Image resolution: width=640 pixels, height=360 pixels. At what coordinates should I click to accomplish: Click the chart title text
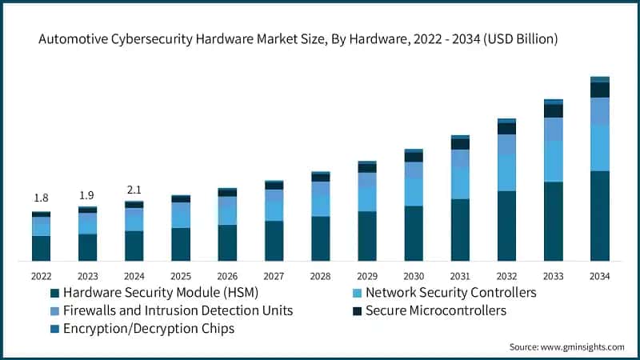tap(319, 38)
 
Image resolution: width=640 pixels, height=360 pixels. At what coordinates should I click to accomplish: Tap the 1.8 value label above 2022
tap(41, 198)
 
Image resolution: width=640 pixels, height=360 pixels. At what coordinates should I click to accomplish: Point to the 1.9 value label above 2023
tap(87, 194)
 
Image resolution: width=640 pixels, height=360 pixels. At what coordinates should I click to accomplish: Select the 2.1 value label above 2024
tap(134, 190)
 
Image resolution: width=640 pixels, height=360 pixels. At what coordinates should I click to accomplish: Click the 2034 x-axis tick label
tap(599, 276)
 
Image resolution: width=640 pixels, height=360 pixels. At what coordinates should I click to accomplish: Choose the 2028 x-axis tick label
tap(320, 276)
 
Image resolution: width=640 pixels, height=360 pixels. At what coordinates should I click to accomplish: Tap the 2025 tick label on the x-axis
tap(181, 276)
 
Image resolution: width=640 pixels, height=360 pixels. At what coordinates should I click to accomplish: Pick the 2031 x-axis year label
tap(460, 276)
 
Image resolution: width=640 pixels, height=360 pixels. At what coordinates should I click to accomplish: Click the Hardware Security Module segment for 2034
tap(599, 215)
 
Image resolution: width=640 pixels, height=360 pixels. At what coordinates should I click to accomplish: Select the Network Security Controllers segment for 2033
tap(553, 161)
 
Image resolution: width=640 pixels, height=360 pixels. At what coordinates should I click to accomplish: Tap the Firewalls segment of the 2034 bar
tap(599, 110)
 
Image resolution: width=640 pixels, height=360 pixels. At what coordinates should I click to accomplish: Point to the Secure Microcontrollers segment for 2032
tap(506, 128)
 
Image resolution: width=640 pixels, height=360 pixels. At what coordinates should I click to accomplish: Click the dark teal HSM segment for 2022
tap(41, 248)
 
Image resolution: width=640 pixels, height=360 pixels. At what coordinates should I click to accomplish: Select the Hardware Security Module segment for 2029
tap(366, 236)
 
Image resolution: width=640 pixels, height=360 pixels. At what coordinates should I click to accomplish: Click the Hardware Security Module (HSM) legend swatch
tap(54, 293)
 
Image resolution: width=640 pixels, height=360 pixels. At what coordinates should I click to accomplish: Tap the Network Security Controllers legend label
tap(450, 293)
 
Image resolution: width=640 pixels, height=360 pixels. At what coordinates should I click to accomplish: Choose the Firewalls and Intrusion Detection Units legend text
tap(178, 310)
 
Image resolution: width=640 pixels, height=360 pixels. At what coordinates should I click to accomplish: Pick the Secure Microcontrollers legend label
tap(435, 310)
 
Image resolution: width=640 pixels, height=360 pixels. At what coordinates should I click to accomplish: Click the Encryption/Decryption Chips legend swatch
tap(54, 328)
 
